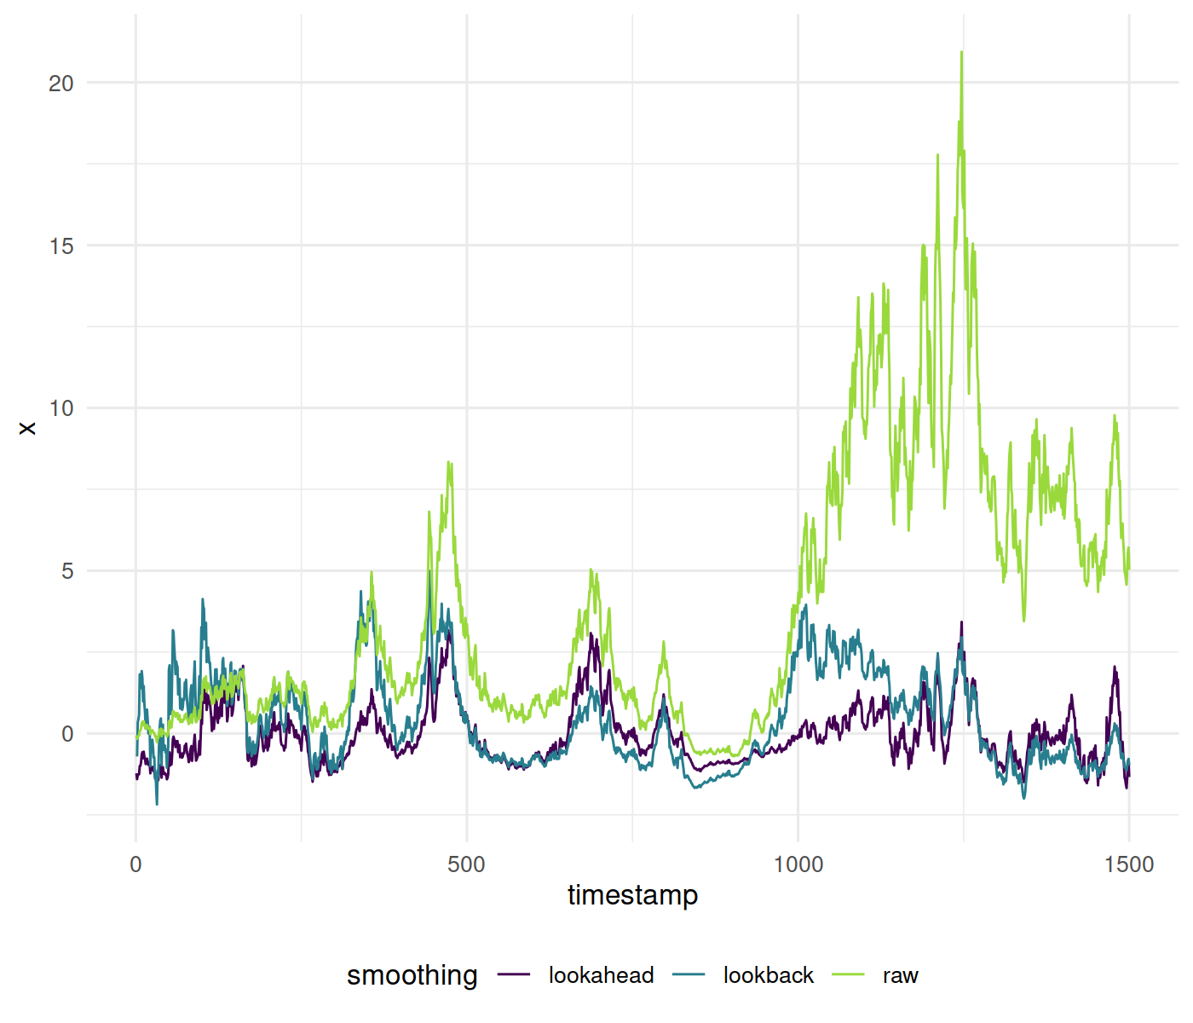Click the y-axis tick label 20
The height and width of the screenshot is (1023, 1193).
pos(61,84)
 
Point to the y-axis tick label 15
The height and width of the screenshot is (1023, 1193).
pos(61,246)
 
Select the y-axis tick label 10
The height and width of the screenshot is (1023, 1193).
pos(61,408)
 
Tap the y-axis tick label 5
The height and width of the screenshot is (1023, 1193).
pos(67,571)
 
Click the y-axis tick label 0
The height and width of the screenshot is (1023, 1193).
pos(67,734)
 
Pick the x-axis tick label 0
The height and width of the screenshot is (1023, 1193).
pos(135,864)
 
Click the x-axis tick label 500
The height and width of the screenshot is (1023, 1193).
pos(466,864)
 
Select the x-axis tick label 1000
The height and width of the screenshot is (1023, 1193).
pos(798,864)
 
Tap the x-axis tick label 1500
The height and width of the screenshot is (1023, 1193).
pos(1128,864)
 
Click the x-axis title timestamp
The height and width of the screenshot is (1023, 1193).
pos(632,895)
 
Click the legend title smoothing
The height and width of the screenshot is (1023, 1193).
pos(412,974)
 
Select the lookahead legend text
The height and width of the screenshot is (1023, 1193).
pos(601,975)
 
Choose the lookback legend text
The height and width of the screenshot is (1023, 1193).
pos(768,975)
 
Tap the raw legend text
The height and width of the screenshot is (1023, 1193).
pos(900,975)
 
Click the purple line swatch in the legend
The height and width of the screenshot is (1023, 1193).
pos(514,974)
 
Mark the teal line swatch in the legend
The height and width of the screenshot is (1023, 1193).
pos(689,974)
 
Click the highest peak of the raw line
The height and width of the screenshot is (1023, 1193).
pos(961,52)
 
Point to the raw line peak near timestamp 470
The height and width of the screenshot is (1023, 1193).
pos(448,462)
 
